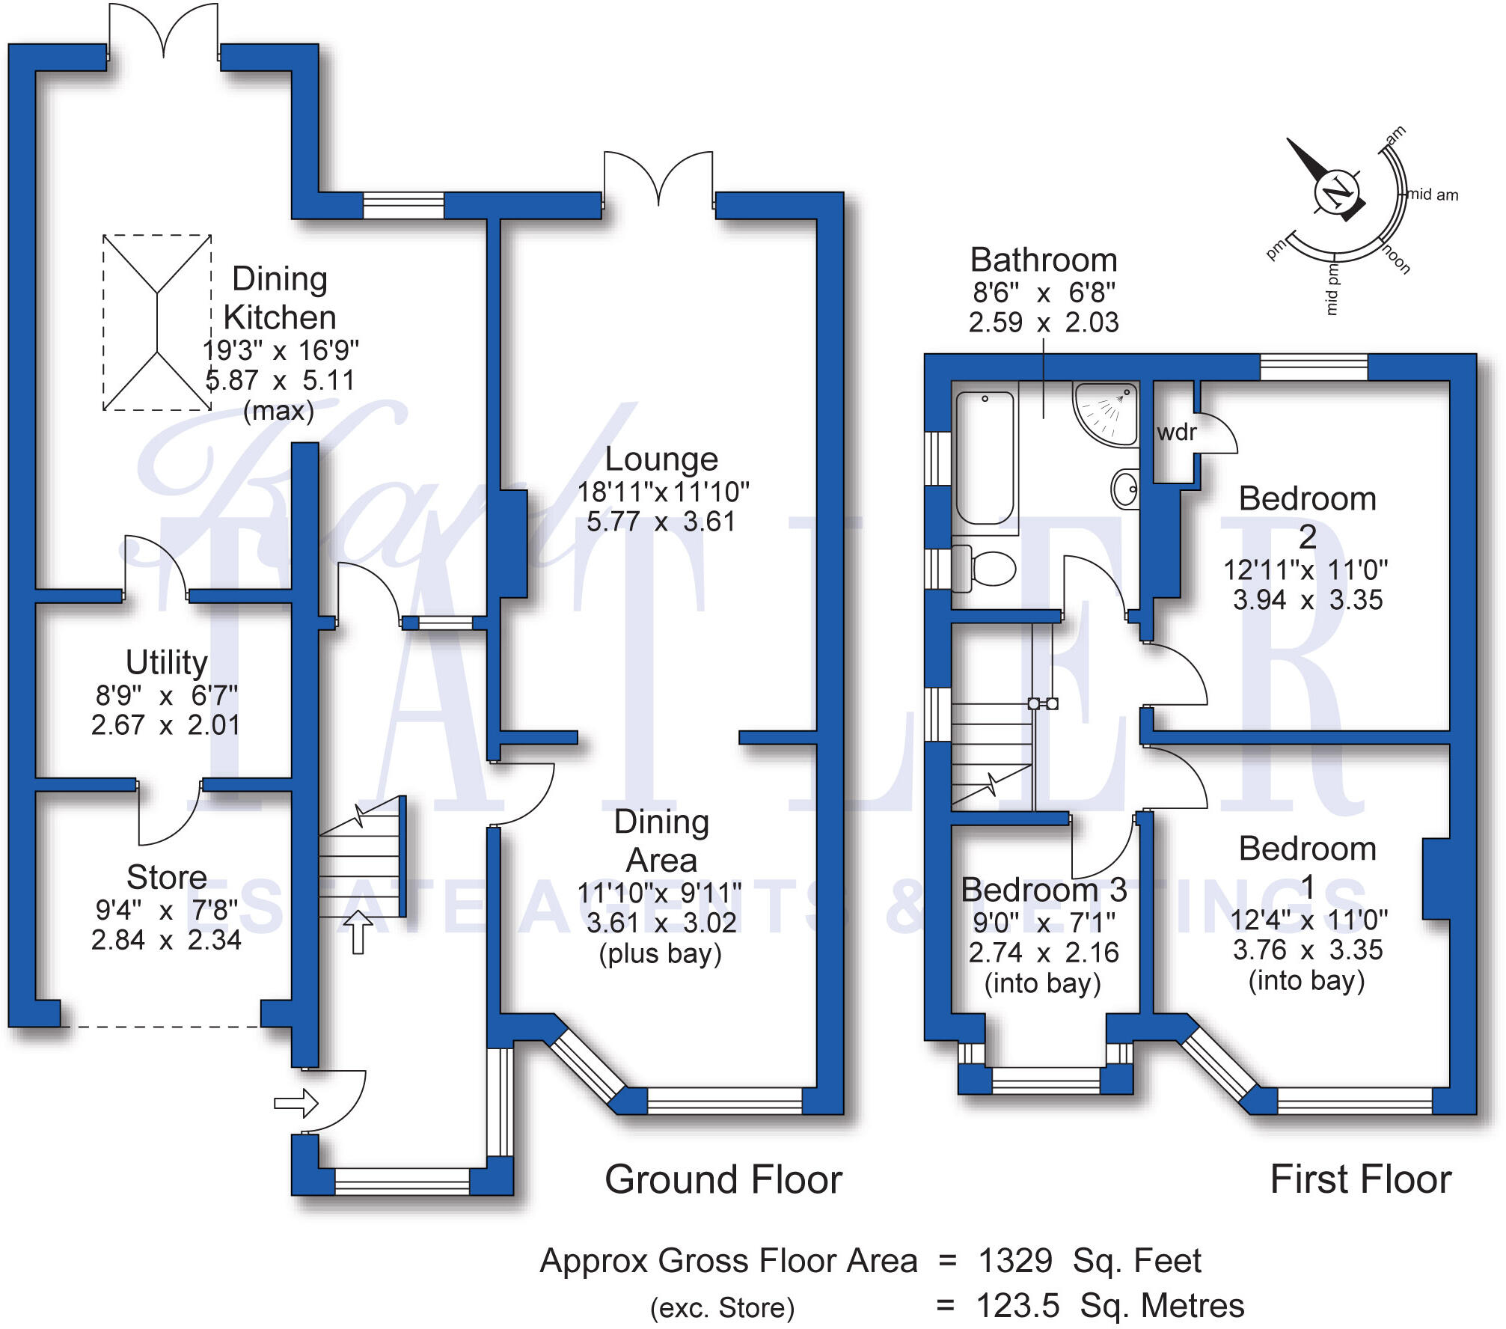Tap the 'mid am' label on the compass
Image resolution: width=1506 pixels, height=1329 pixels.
(x=1433, y=195)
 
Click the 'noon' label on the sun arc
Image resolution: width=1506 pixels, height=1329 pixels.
(x=1396, y=259)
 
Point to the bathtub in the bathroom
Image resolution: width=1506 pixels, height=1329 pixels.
(x=985, y=456)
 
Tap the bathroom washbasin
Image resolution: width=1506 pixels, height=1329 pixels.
(x=1125, y=489)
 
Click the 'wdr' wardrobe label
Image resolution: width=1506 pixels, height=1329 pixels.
(x=1176, y=433)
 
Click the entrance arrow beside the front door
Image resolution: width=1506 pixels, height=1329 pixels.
(x=296, y=1103)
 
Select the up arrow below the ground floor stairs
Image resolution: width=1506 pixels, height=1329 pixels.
(x=358, y=932)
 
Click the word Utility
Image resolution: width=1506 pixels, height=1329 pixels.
(x=166, y=662)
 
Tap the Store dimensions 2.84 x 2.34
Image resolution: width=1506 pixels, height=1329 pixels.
(x=166, y=940)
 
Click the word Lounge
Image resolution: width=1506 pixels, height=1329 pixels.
(x=661, y=459)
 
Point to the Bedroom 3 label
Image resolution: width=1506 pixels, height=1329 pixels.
(x=1044, y=890)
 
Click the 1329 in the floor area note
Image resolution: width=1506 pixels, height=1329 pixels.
(x=1015, y=1261)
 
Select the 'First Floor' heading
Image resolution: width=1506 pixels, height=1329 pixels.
(x=1360, y=1180)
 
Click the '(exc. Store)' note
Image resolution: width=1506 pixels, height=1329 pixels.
(x=722, y=1308)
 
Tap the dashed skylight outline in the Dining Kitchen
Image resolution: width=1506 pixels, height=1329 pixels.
(x=157, y=323)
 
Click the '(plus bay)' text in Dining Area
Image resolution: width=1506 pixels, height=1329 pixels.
(x=660, y=954)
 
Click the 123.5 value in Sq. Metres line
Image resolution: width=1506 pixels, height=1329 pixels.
(x=1017, y=1306)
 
